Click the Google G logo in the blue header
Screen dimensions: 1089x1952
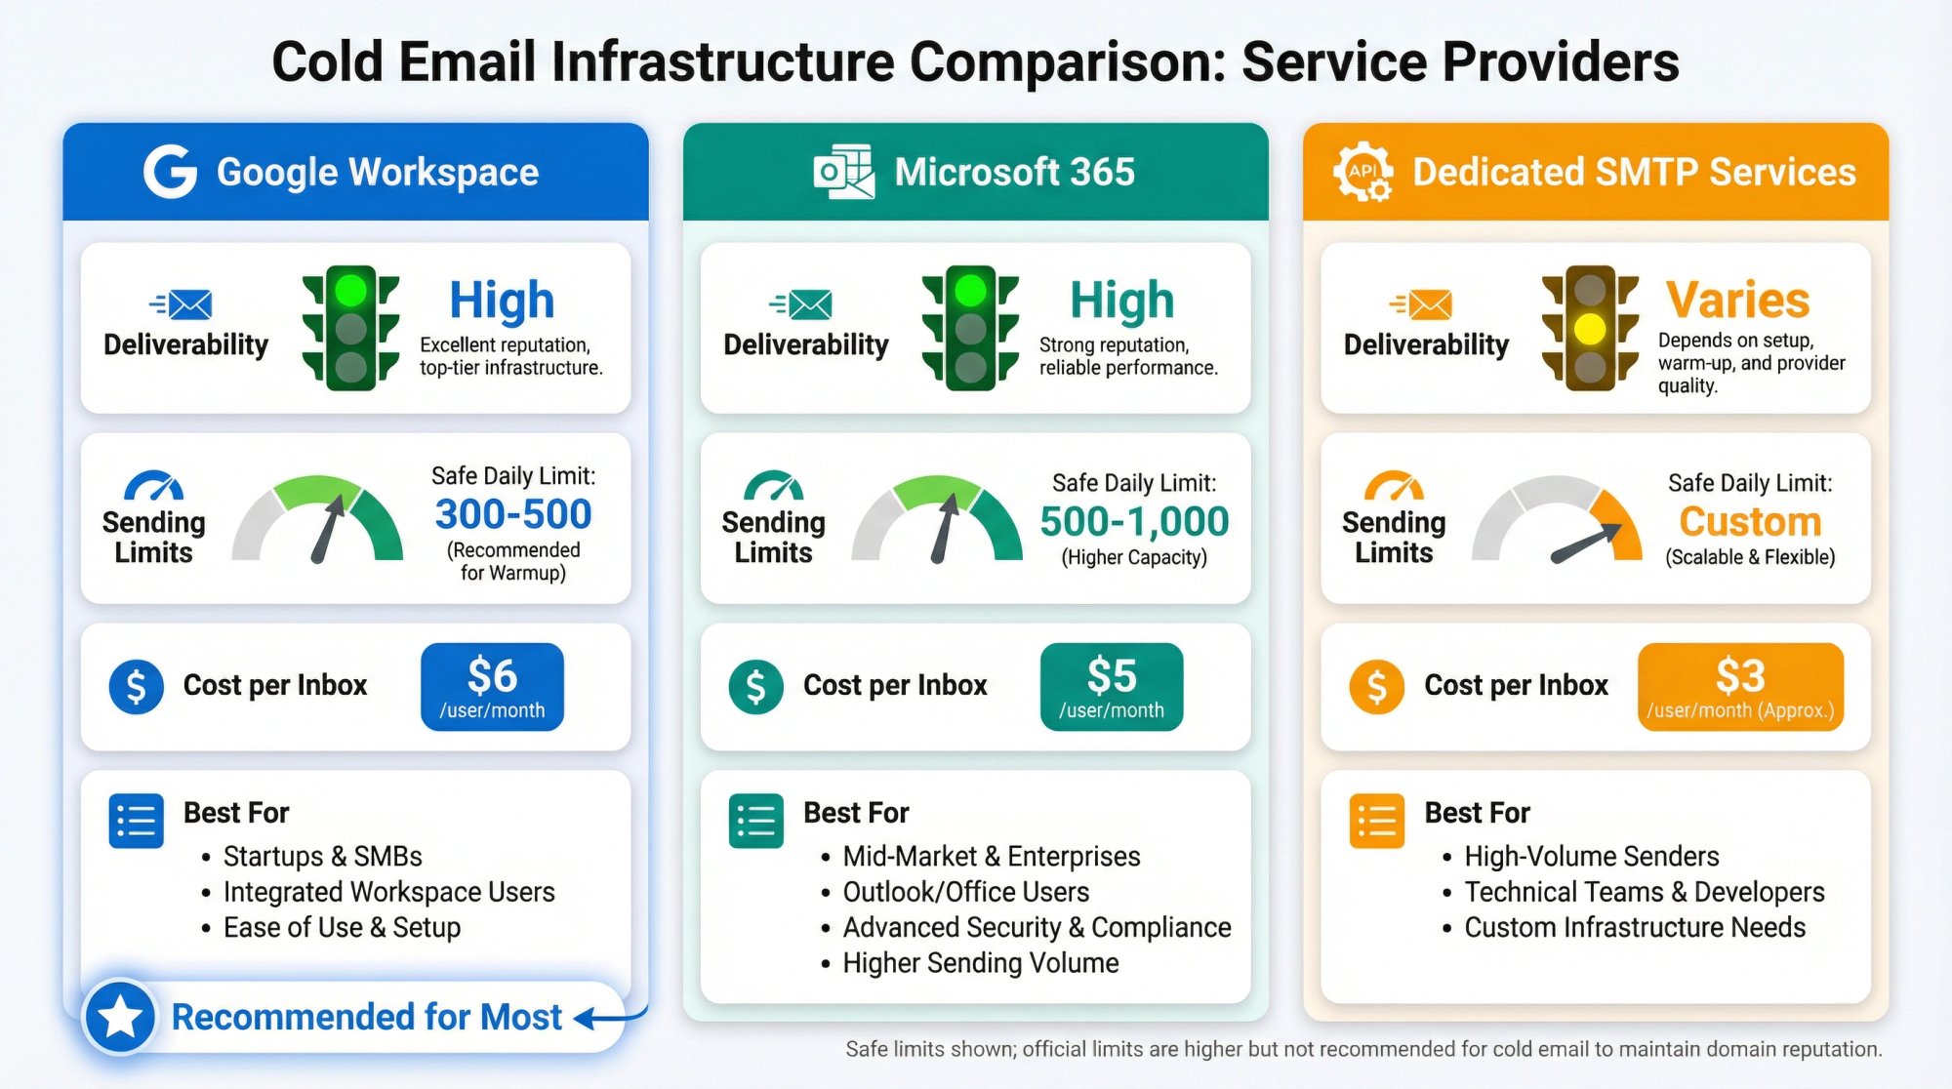pos(171,172)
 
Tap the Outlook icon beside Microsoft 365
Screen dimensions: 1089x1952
pos(843,172)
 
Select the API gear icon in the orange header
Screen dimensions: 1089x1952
pos(1362,172)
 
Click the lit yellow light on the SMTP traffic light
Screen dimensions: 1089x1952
pos(1590,329)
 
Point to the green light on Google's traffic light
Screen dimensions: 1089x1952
pos(350,290)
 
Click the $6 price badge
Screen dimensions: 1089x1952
pos(492,687)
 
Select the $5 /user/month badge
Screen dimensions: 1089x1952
pos(1112,687)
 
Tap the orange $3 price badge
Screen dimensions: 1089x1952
pos(1740,687)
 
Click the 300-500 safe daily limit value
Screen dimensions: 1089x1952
pos(513,514)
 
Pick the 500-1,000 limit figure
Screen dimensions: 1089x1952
pos(1134,522)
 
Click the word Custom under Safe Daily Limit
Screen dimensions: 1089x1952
pos(1750,522)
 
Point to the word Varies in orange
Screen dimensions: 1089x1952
pos(1737,300)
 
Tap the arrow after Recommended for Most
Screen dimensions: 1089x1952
pos(605,1018)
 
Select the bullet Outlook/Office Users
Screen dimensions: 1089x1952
pos(965,892)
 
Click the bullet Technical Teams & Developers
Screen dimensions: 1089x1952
pos(1644,892)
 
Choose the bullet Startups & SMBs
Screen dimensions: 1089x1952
pos(322,856)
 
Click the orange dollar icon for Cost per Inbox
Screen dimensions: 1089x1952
pos(1376,686)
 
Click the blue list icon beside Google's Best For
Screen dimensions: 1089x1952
pos(136,821)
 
